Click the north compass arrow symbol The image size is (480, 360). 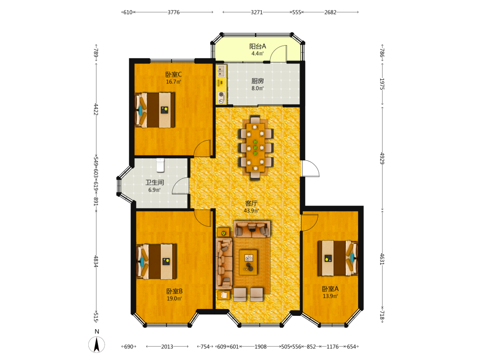[x=97, y=345]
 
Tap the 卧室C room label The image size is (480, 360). [x=173, y=74]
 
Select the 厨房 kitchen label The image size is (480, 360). [x=257, y=81]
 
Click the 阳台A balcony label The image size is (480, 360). [x=257, y=46]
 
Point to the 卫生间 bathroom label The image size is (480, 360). [x=155, y=182]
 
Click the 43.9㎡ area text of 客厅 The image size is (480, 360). [x=252, y=211]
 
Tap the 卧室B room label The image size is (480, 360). [x=174, y=291]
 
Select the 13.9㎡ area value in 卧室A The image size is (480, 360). [x=330, y=296]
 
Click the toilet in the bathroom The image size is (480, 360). [x=160, y=165]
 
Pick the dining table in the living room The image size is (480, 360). [x=255, y=147]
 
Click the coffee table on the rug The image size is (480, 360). [x=248, y=262]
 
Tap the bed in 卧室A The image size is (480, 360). [x=337, y=258]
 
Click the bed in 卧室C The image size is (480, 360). [x=155, y=110]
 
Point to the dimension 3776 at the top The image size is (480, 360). [x=174, y=12]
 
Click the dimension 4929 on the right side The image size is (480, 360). [x=382, y=158]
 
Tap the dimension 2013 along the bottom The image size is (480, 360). [x=167, y=347]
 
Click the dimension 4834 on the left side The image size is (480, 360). [x=96, y=262]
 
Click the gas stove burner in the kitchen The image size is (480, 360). [x=221, y=95]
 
